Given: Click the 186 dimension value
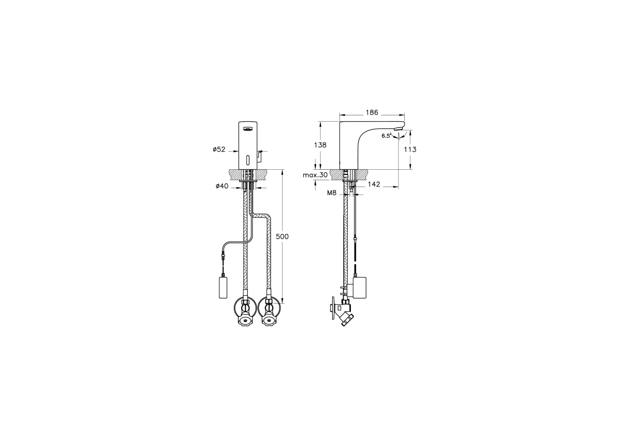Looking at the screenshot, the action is (372, 112).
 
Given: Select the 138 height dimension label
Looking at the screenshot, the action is (320, 145).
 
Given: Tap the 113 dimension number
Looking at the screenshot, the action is (410, 150).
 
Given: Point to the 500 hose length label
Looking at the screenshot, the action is (282, 237).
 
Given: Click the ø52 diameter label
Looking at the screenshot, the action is (219, 150).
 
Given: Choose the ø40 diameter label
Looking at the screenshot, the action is (222, 186).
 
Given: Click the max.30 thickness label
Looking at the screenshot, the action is (315, 175).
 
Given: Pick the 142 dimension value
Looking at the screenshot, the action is (374, 184).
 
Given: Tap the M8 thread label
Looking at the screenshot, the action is (332, 193).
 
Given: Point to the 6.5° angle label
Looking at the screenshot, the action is (386, 136).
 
